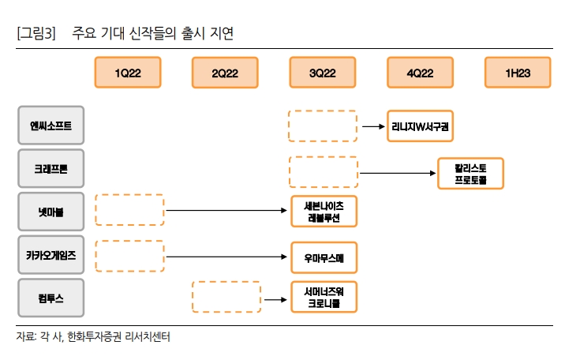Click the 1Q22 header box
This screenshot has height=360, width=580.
click(128, 73)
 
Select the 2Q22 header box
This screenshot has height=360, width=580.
click(226, 73)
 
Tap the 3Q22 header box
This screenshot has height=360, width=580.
click(323, 73)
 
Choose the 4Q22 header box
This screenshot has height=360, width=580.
click(421, 73)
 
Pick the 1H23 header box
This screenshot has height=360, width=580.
click(518, 73)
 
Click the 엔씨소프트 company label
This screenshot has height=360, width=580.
click(51, 126)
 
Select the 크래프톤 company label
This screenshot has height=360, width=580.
click(51, 168)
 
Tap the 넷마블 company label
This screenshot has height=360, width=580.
click(51, 212)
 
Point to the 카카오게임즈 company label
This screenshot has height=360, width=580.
click(51, 256)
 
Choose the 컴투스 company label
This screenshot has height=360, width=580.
click(51, 299)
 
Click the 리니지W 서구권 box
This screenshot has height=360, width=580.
click(421, 126)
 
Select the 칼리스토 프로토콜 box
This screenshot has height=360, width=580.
click(470, 174)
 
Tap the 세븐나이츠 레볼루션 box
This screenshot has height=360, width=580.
click(324, 211)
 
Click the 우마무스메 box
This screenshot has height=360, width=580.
click(324, 257)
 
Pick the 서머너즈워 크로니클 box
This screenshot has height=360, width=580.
click(324, 297)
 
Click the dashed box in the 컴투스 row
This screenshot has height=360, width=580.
click(226, 297)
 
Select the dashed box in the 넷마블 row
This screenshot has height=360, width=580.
click(129, 210)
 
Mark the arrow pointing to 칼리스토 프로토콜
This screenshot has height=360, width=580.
click(398, 173)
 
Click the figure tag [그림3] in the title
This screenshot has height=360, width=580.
click(36, 33)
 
